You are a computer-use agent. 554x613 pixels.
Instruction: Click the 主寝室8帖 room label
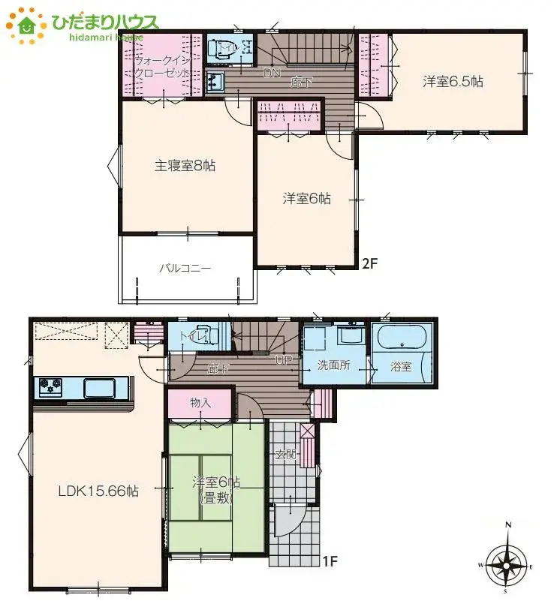[x=185, y=166]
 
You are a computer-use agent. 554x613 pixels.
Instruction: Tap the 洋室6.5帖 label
[x=452, y=82]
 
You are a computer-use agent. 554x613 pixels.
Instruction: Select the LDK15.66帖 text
[x=98, y=491]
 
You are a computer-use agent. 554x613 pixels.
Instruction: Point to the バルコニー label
[x=185, y=267]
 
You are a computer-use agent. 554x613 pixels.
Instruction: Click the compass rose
[x=507, y=562]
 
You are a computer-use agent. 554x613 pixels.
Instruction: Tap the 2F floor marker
[x=369, y=263]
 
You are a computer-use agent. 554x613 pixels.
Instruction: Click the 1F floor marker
[x=328, y=560]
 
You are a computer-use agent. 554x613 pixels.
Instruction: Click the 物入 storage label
[x=200, y=403]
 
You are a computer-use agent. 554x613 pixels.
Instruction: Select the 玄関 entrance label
[x=286, y=454]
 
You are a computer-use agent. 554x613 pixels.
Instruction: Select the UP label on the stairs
[x=284, y=361]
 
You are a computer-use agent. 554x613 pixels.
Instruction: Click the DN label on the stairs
[x=271, y=74]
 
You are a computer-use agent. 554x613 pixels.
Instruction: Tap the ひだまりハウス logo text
[x=105, y=22]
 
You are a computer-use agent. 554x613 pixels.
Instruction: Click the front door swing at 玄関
[x=286, y=520]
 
